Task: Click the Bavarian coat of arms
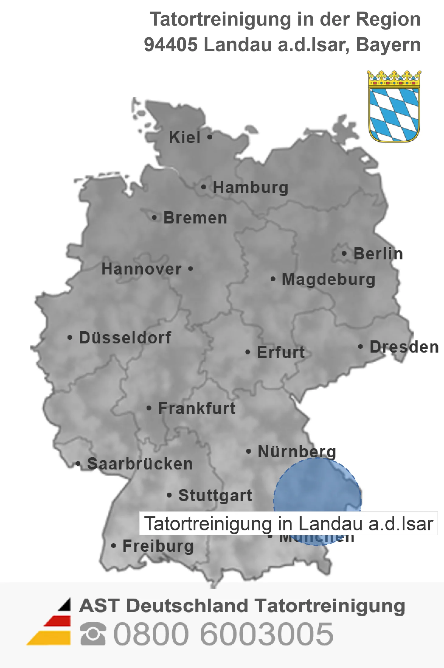pyautogui.click(x=394, y=107)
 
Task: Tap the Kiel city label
pyautogui.click(x=185, y=137)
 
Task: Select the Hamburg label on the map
pyautogui.click(x=250, y=187)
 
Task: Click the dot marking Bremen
pyautogui.click(x=155, y=218)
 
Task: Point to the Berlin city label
pyautogui.click(x=378, y=254)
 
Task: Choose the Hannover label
pyautogui.click(x=141, y=269)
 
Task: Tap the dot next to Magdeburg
pyautogui.click(x=273, y=279)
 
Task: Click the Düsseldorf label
pyautogui.click(x=125, y=338)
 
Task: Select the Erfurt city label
pyautogui.click(x=281, y=352)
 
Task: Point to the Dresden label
pyautogui.click(x=404, y=347)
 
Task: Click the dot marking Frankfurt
pyautogui.click(x=149, y=408)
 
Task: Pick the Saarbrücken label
pyautogui.click(x=140, y=464)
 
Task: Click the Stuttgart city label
pyautogui.click(x=215, y=495)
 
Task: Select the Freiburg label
pyautogui.click(x=158, y=546)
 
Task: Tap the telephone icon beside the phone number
pyautogui.click(x=93, y=634)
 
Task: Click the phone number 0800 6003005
pyautogui.click(x=223, y=634)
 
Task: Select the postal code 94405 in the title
pyautogui.click(x=171, y=44)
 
